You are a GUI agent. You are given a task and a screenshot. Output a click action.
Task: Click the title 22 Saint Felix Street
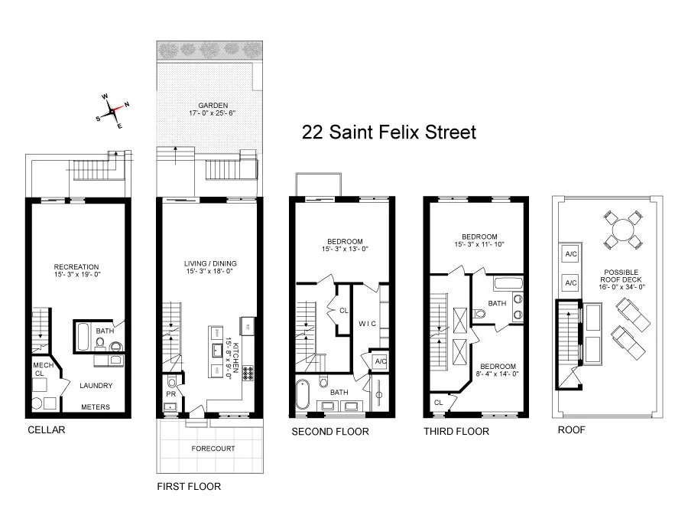(x=389, y=132)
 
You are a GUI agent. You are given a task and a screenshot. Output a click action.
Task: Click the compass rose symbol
(x=112, y=111)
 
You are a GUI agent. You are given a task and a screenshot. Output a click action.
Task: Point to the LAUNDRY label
(x=96, y=386)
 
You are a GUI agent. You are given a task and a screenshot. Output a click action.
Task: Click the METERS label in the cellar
(x=96, y=407)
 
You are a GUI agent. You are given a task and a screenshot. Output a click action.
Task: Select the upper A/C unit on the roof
(x=570, y=254)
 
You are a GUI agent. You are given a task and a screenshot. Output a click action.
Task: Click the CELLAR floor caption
(x=46, y=429)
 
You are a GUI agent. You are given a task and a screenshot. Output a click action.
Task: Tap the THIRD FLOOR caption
(x=456, y=432)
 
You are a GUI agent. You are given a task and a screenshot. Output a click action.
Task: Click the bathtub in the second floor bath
(x=303, y=397)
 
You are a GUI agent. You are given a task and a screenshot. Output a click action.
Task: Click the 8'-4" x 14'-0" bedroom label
(x=498, y=370)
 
